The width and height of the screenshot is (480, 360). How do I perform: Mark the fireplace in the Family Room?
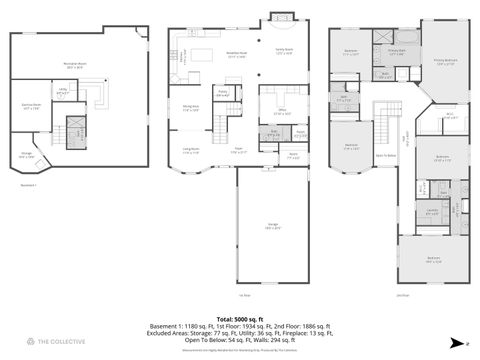[278, 17]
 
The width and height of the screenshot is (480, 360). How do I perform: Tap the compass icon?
[453, 341]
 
